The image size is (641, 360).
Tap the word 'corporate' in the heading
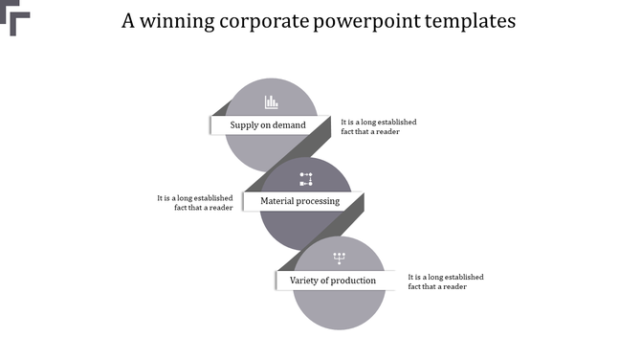pyautogui.click(x=265, y=21)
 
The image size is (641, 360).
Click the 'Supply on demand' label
pyautogui.click(x=268, y=125)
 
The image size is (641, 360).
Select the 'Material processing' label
pyautogui.click(x=300, y=201)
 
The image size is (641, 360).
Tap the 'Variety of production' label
pyautogui.click(x=333, y=281)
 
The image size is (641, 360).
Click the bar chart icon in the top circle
pyautogui.click(x=271, y=101)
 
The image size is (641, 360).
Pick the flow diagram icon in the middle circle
pyautogui.click(x=306, y=178)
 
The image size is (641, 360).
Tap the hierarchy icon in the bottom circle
pyautogui.click(x=339, y=257)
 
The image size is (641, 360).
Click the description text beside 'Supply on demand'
pyautogui.click(x=379, y=126)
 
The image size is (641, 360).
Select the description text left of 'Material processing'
pyautogui.click(x=195, y=202)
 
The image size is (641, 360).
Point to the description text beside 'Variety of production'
pyautogui.click(x=446, y=281)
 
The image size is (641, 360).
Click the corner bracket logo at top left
pyautogui.click(x=17, y=21)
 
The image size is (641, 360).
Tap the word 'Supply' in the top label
pyautogui.click(x=244, y=125)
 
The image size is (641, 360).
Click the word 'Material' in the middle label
pyautogui.click(x=278, y=201)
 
